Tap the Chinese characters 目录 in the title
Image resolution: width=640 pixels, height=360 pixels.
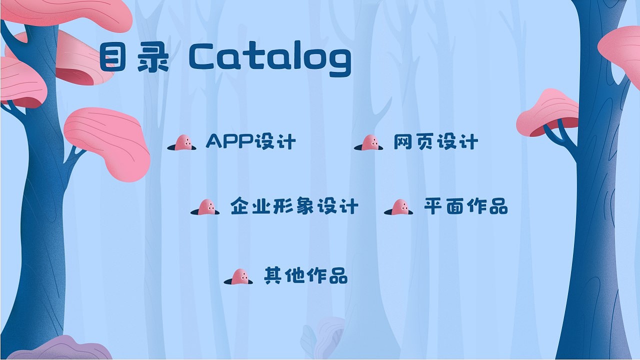click(x=134, y=58)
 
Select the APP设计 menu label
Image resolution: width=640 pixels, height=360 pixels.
click(x=250, y=141)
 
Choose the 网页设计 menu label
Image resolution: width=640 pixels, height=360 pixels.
click(x=435, y=142)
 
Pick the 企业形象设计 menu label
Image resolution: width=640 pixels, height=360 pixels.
click(x=294, y=206)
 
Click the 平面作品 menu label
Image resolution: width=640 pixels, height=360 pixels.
click(x=465, y=206)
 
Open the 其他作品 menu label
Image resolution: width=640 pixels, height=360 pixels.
click(x=305, y=275)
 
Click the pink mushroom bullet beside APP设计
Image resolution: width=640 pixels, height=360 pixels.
click(x=182, y=142)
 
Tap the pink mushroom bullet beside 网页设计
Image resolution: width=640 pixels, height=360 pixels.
click(x=369, y=143)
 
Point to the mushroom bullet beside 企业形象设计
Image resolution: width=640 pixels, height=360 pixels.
click(x=205, y=207)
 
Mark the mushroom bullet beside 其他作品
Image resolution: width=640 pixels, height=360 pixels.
click(x=238, y=276)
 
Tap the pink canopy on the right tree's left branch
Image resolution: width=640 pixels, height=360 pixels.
click(x=548, y=112)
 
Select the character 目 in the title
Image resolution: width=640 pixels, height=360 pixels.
click(x=112, y=58)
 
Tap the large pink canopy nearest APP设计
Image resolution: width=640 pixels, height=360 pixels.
click(x=109, y=142)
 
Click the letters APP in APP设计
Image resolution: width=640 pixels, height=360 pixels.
click(x=229, y=141)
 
